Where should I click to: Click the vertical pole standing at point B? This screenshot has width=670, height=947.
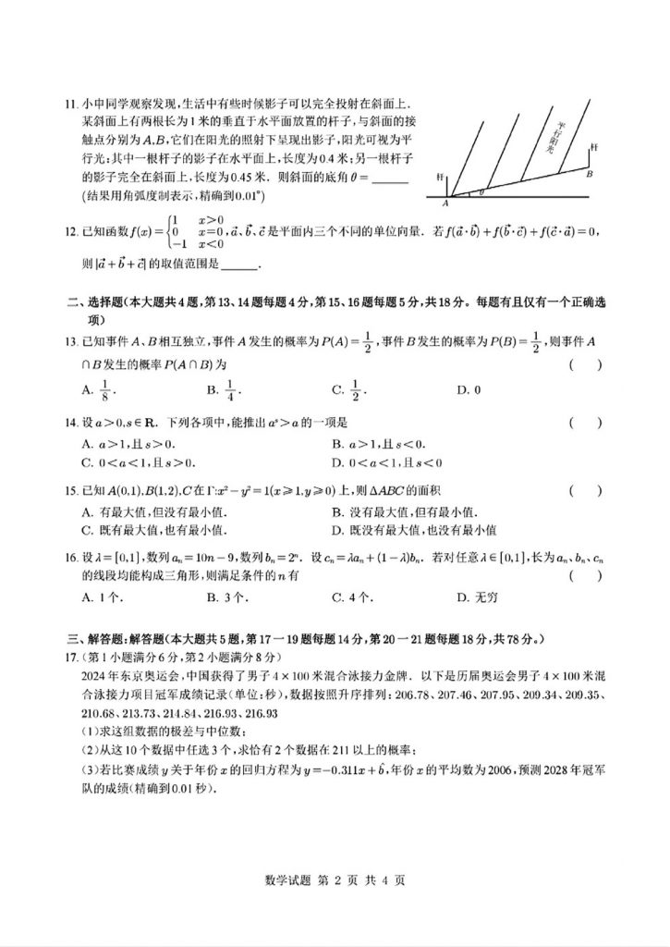click(x=591, y=159)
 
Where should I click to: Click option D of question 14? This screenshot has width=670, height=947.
click(x=387, y=462)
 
